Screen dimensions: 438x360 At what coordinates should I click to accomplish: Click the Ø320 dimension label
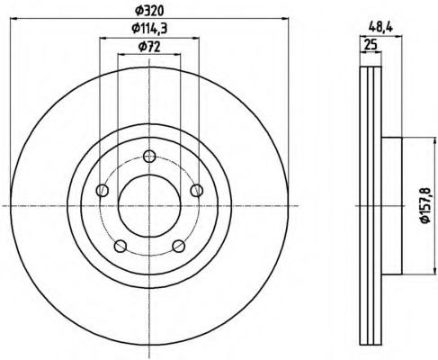pyautogui.click(x=149, y=11)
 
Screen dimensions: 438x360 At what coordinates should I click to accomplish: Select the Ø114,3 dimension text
pyautogui.click(x=149, y=29)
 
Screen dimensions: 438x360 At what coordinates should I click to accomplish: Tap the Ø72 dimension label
pyautogui.click(x=149, y=47)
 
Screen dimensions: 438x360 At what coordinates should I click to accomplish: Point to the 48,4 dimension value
pyautogui.click(x=380, y=28)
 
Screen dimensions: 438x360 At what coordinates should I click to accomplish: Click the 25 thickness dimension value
pyautogui.click(x=371, y=45)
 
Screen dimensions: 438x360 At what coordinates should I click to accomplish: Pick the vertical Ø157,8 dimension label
pyautogui.click(x=425, y=205)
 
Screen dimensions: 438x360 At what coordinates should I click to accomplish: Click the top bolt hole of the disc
pyautogui.click(x=149, y=157)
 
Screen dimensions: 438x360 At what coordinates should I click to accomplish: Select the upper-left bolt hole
pyautogui.click(x=103, y=191)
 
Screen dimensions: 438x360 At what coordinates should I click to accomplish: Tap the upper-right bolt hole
pyautogui.click(x=197, y=191)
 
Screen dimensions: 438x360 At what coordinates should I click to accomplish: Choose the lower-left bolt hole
pyautogui.click(x=121, y=246)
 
